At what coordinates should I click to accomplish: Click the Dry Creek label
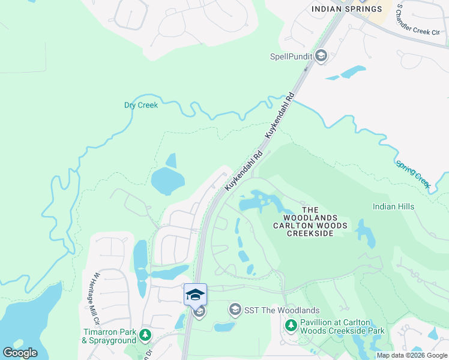pos(141,105)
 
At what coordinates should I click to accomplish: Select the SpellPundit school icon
pos(321,56)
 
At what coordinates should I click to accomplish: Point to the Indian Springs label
pos(346,9)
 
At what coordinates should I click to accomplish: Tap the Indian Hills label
pos(393,206)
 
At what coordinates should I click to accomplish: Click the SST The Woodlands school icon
pos(235,310)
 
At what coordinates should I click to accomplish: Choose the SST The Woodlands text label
pos(282,310)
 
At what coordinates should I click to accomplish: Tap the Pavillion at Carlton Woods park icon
pos(291,325)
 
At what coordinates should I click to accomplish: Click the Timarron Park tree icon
pos(145,334)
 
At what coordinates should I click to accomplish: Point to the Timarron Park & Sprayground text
pos(109,335)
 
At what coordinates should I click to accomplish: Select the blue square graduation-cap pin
pos(195,295)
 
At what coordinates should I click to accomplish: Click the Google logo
pos(20,353)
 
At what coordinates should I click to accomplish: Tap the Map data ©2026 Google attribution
pos(412,355)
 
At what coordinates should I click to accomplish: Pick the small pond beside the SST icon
pos(223,328)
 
